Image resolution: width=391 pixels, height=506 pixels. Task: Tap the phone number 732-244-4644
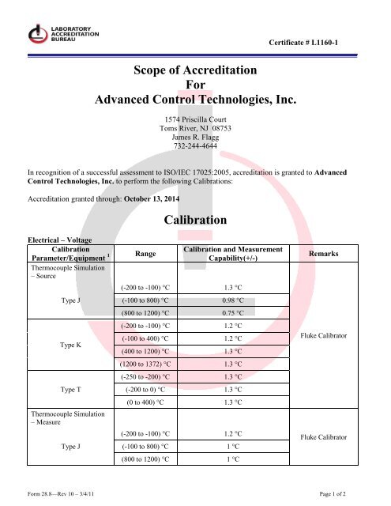[x=195, y=145]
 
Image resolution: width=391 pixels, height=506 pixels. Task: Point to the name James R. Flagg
[x=195, y=136]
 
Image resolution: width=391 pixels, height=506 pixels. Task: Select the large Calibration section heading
[x=195, y=219]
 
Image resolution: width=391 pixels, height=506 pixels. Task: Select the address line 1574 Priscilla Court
[x=195, y=117]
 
